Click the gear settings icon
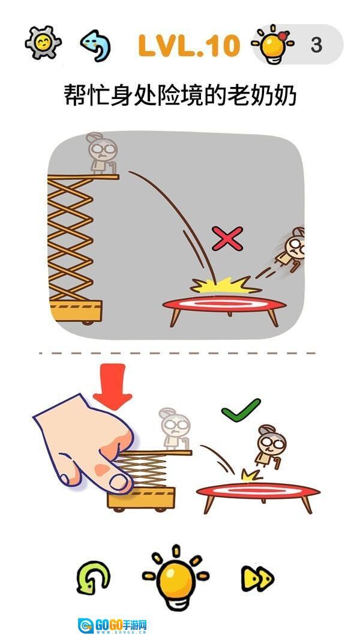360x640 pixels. (43, 43)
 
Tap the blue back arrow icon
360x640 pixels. (95, 45)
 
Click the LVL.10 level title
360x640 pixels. (189, 46)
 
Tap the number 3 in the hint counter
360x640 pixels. (317, 45)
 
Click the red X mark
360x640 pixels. (227, 238)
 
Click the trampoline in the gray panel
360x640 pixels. (224, 310)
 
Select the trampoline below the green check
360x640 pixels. (258, 497)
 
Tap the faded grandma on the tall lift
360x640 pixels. (102, 153)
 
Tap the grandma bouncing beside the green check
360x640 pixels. (271, 446)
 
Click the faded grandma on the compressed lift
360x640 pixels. (175, 429)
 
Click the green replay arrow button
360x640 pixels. (94, 578)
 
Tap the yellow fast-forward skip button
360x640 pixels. (257, 578)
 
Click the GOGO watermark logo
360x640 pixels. (113, 626)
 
